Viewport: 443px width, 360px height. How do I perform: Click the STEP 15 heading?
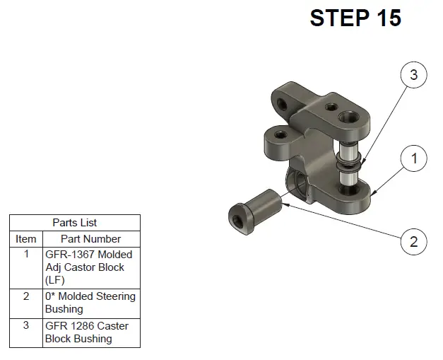355,18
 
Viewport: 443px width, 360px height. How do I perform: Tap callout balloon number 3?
413,75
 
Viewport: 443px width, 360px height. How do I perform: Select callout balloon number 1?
413,158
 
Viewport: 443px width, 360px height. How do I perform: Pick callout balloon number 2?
413,242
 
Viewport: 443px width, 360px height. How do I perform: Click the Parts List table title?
75,223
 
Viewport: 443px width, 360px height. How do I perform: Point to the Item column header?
26,239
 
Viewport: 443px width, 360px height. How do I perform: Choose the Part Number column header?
91,239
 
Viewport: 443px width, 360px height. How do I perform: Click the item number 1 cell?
26,268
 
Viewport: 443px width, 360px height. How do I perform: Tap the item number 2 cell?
26,303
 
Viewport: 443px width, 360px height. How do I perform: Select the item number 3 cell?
26,333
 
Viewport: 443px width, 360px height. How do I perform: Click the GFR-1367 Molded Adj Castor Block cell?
91,268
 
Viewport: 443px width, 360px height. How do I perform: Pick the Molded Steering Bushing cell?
91,303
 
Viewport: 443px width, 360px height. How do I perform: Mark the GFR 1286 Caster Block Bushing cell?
91,333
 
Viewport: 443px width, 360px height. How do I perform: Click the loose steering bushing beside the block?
255,211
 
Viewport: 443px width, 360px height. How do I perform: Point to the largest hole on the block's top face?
349,117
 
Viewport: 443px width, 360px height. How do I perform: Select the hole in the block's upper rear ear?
282,105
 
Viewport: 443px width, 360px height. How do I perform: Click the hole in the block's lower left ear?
280,134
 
